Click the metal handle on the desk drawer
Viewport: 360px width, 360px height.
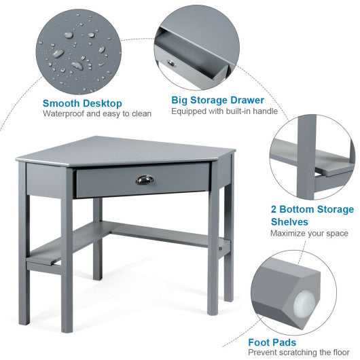(x=145, y=180)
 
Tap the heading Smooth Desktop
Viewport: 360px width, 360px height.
(x=82, y=103)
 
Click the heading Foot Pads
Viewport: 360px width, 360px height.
(x=272, y=343)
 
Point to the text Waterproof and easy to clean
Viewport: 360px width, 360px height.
(x=97, y=114)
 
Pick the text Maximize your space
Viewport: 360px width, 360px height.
(x=309, y=234)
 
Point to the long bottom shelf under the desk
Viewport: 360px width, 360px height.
(x=163, y=234)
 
